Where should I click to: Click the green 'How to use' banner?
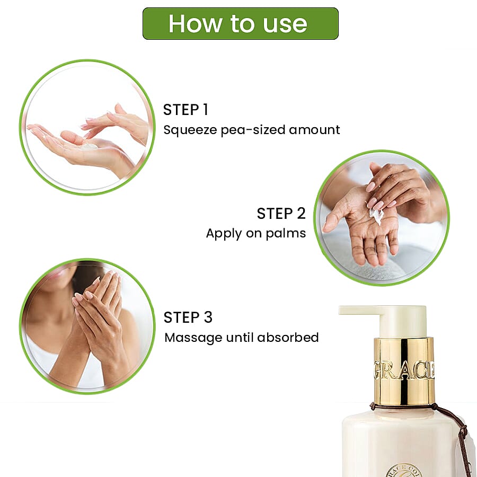coord(240,23)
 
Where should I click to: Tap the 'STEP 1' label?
coord(185,110)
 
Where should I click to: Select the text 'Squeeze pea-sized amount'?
coord(251,130)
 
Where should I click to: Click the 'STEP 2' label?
coord(281,214)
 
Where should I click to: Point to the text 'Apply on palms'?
coord(255,233)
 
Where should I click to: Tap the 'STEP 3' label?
coord(188,317)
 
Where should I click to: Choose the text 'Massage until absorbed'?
coord(241,337)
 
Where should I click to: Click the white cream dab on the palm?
coord(376,215)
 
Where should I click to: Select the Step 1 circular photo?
coord(87,127)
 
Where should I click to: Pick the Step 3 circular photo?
coord(87,326)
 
